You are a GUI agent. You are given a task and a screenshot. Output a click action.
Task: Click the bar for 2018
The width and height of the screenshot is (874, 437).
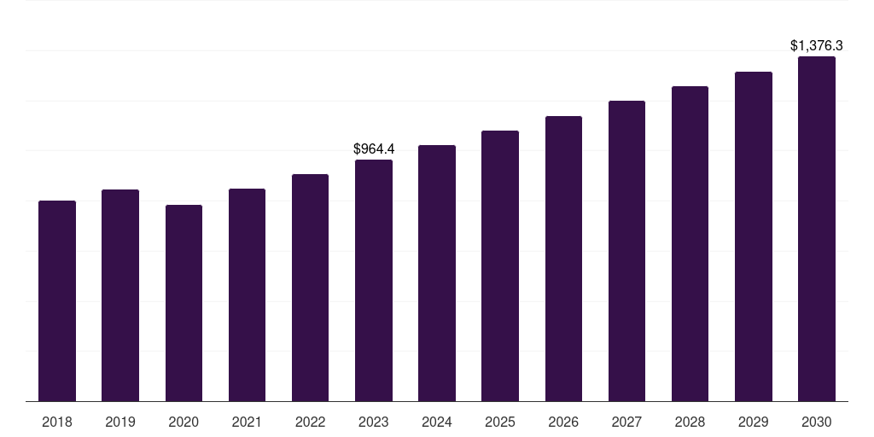tap(57, 300)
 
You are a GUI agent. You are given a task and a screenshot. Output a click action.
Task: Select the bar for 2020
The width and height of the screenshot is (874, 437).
tap(184, 303)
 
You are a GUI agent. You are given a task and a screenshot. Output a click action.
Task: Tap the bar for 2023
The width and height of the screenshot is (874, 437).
tap(374, 280)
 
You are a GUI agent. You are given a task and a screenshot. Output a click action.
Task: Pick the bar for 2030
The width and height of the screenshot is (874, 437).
tap(817, 229)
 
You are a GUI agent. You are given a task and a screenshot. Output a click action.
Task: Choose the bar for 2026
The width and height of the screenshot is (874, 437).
tap(563, 259)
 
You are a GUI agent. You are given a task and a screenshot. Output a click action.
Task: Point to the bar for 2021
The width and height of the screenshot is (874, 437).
tap(247, 294)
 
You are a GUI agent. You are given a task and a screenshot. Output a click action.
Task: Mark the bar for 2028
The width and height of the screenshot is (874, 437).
tap(690, 243)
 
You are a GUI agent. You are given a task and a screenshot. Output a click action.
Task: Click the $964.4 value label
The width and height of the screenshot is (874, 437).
tap(374, 149)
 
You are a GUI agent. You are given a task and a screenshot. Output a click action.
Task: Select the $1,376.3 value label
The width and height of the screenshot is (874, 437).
tap(817, 45)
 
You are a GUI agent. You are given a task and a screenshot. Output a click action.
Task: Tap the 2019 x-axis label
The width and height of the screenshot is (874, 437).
tap(120, 422)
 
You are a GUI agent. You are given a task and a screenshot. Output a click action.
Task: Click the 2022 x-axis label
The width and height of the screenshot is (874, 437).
tap(311, 422)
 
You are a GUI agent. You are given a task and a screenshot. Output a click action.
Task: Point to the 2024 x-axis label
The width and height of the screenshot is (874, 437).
tap(437, 422)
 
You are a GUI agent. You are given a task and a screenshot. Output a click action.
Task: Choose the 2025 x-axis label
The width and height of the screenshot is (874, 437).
tap(500, 422)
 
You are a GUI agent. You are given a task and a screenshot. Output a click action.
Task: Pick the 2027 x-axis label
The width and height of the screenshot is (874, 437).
tap(626, 422)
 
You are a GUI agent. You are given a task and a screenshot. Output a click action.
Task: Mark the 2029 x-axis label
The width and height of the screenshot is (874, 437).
tap(754, 422)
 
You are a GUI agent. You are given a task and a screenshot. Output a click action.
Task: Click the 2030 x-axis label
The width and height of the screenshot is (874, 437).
tap(817, 422)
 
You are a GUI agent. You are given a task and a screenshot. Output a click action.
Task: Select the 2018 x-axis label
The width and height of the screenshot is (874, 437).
tap(57, 422)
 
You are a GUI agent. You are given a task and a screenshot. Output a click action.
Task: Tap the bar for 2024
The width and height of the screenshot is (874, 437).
tap(437, 273)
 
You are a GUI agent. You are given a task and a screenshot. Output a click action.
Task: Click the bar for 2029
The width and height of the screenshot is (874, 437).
tap(754, 236)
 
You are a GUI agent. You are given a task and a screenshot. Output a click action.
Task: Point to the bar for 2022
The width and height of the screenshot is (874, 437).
tap(311, 288)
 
